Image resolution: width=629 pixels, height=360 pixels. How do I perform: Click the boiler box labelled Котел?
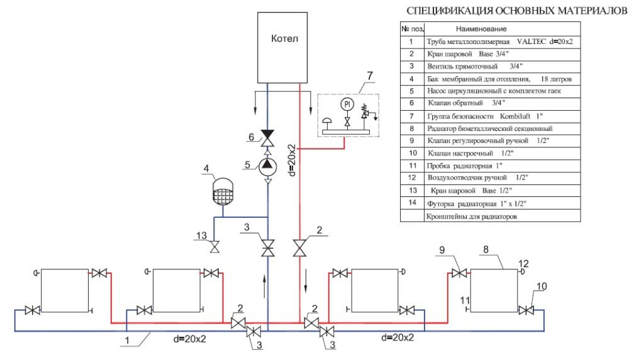click(x=284, y=47)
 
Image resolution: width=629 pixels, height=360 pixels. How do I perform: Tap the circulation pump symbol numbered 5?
click(x=268, y=164)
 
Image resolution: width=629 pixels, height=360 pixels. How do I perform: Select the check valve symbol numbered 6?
click(x=268, y=137)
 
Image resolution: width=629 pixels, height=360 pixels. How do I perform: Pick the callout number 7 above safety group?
click(x=370, y=77)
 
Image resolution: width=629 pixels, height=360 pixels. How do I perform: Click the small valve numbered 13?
click(x=215, y=246)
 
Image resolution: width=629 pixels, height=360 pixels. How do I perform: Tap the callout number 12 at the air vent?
click(x=523, y=263)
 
